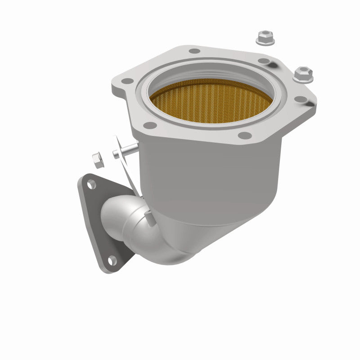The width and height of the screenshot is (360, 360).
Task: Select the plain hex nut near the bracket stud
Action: (x=97, y=159)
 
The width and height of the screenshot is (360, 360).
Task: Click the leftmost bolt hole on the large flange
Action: (x=128, y=81)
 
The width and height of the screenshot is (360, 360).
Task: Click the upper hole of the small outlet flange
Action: (x=91, y=184)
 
